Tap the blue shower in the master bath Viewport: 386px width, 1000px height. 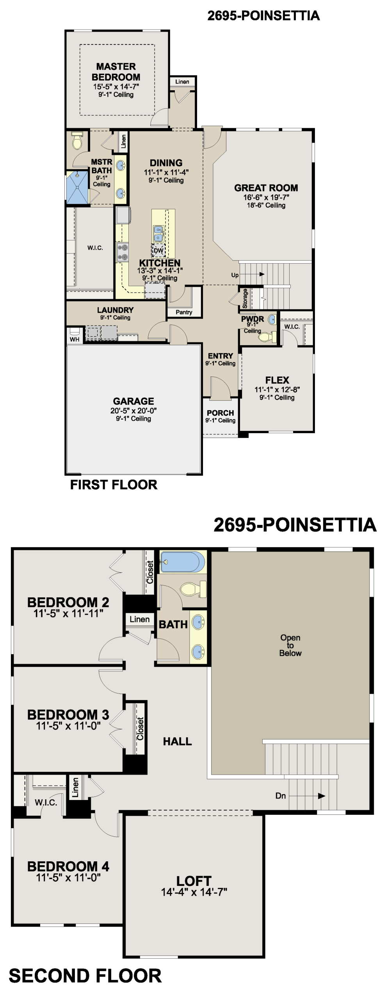point(77,187)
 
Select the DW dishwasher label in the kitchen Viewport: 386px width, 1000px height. point(158,251)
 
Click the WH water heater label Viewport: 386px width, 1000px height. point(75,339)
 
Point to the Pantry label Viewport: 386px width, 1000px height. point(184,312)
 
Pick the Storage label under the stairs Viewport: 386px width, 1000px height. point(245,298)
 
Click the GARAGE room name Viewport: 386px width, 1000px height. point(133,401)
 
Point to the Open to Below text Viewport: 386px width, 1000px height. point(290,645)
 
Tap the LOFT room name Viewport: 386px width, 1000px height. point(194,881)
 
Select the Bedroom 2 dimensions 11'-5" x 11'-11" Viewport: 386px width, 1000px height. point(68,613)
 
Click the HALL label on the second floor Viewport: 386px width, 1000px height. point(177,741)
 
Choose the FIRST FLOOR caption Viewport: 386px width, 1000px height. point(114,485)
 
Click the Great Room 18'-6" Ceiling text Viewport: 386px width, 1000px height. point(266,205)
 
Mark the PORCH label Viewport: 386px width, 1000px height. point(221,413)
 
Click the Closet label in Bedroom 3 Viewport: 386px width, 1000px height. point(140,728)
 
